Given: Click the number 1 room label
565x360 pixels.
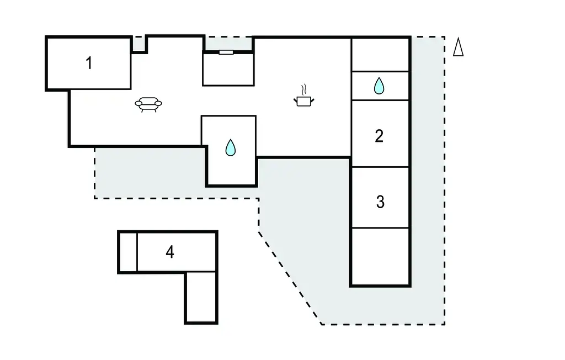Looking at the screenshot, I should pyautogui.click(x=89, y=63).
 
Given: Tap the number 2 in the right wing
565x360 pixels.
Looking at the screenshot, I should pyautogui.click(x=379, y=136).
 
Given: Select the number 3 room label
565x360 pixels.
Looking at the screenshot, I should pyautogui.click(x=380, y=202).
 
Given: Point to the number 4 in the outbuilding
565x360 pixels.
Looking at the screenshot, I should pyautogui.click(x=170, y=252).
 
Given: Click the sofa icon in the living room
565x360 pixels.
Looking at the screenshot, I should pyautogui.click(x=149, y=104).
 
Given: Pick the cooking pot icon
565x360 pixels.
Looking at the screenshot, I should pyautogui.click(x=304, y=100).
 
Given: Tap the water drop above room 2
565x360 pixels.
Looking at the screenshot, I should pyautogui.click(x=379, y=86).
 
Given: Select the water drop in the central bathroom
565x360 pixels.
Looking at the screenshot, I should pyautogui.click(x=231, y=147).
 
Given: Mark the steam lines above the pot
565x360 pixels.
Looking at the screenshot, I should pyautogui.click(x=303, y=89).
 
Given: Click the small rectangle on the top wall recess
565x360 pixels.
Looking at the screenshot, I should pyautogui.click(x=226, y=52).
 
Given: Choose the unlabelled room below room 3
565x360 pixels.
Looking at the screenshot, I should pyautogui.click(x=380, y=256).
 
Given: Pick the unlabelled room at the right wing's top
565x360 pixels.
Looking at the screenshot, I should pyautogui.click(x=380, y=55).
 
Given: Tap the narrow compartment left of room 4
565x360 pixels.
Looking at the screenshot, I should pyautogui.click(x=128, y=252).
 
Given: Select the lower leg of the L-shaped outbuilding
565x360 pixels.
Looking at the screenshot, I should pyautogui.click(x=201, y=297).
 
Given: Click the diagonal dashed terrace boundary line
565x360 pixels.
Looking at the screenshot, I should pyautogui.click(x=290, y=277).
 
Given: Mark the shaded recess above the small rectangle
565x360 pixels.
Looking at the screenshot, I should pyautogui.click(x=228, y=44).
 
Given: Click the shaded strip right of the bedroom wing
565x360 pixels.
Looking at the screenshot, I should pyautogui.click(x=428, y=166).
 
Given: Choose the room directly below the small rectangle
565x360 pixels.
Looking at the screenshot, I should pyautogui.click(x=228, y=70).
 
